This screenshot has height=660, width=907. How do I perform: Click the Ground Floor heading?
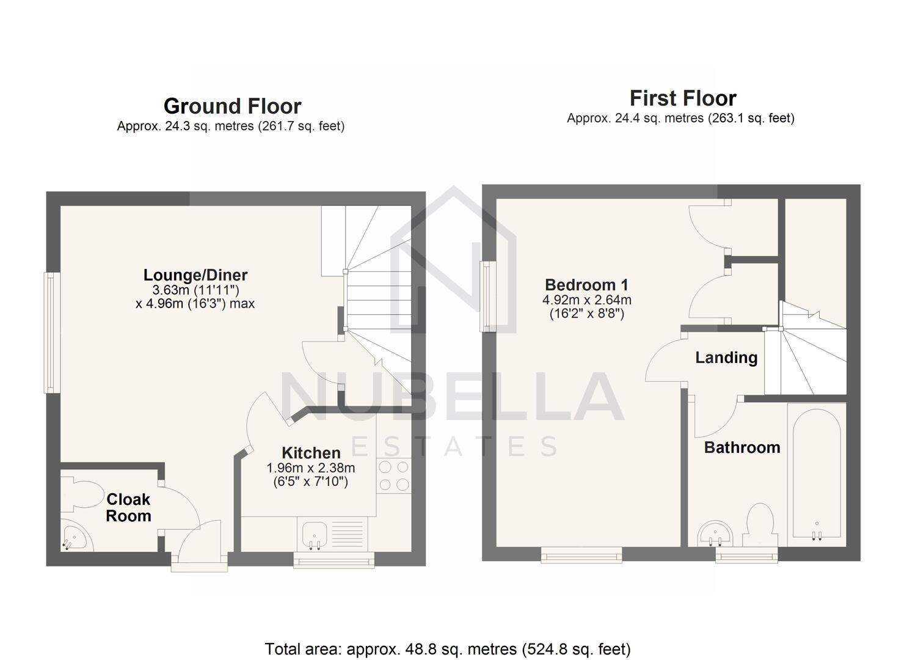232,106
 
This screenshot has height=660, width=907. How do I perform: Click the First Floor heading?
683,98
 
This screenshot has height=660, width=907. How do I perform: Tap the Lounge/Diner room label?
195,275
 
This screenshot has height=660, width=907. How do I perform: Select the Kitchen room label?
311,453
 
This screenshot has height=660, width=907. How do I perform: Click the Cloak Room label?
128,508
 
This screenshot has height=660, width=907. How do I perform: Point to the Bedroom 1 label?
586,285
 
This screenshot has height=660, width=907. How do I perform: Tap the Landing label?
726,358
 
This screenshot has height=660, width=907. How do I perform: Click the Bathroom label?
742,447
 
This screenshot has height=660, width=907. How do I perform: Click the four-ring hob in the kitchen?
394,476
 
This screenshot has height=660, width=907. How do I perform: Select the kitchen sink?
315,534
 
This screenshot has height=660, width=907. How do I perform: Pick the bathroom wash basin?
715,533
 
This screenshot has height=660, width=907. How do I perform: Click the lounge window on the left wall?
52,332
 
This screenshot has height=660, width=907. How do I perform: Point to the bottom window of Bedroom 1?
581,555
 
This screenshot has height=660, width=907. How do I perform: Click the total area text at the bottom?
448,649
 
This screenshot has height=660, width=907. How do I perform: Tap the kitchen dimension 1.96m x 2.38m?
311,468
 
